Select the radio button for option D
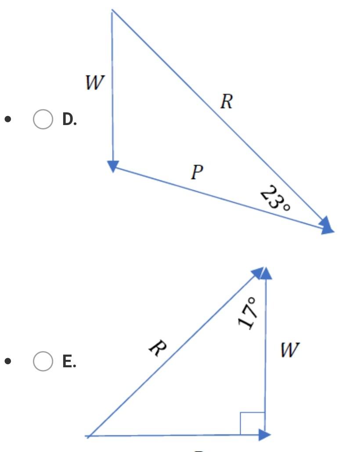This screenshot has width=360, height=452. tap(43, 119)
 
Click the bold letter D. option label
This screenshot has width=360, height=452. tap(69, 119)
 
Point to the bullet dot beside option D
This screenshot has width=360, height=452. tap(7, 119)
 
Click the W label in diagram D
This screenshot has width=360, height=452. tap(95, 82)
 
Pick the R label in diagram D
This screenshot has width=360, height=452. tap(226, 102)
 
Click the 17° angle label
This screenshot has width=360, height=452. tap(247, 312)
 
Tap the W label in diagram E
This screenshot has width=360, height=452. tap(290, 350)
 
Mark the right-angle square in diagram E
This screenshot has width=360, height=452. tap(252, 423)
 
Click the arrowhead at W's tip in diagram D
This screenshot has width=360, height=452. tap(113, 166)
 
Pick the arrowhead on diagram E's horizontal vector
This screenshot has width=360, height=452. tap(264, 434)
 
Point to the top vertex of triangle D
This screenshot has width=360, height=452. tap(112, 10)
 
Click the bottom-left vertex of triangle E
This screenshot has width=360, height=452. tap(88, 436)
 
